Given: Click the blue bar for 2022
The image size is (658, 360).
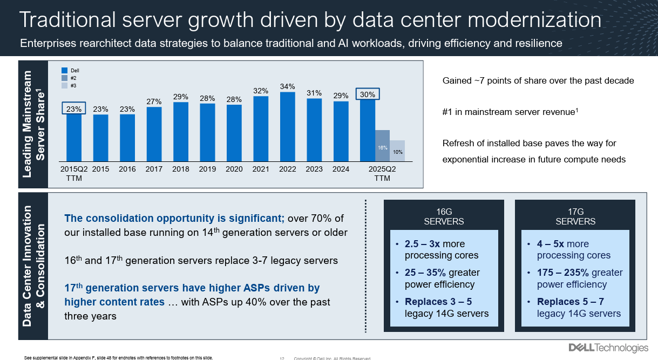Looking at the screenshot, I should coord(287,127).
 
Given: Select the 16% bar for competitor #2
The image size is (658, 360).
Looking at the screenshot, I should coord(382,146).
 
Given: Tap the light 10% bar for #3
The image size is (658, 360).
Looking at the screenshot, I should coord(398,151).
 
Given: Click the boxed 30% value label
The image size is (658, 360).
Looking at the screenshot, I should coord(368,94).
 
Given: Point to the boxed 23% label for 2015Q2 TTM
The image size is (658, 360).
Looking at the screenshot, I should coord(74,108).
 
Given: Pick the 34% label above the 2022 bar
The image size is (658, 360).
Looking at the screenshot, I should coord(287,86).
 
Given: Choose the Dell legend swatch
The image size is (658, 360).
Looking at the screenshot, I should coord(64,70).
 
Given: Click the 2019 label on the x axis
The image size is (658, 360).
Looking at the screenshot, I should coord(207,169).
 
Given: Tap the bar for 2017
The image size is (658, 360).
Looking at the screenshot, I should coord(154,134).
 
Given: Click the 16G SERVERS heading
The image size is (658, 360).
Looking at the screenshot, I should coord(444,216).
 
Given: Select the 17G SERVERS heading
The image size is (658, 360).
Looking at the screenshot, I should coord(575,216).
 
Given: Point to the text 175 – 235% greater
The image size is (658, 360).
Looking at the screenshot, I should coord(580,273).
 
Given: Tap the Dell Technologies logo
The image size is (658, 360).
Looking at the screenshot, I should coord(608,348).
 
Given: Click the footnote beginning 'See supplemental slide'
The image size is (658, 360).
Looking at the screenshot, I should coord(119,357).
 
